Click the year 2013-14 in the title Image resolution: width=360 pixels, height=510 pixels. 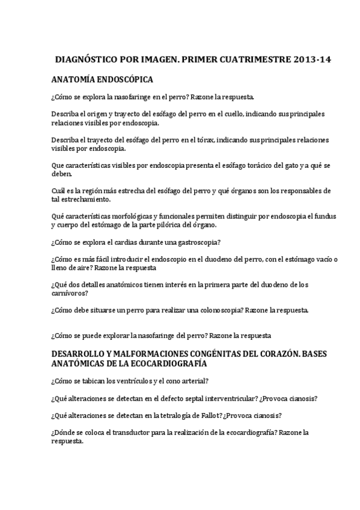(312, 61)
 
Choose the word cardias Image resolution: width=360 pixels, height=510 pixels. (116, 242)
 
